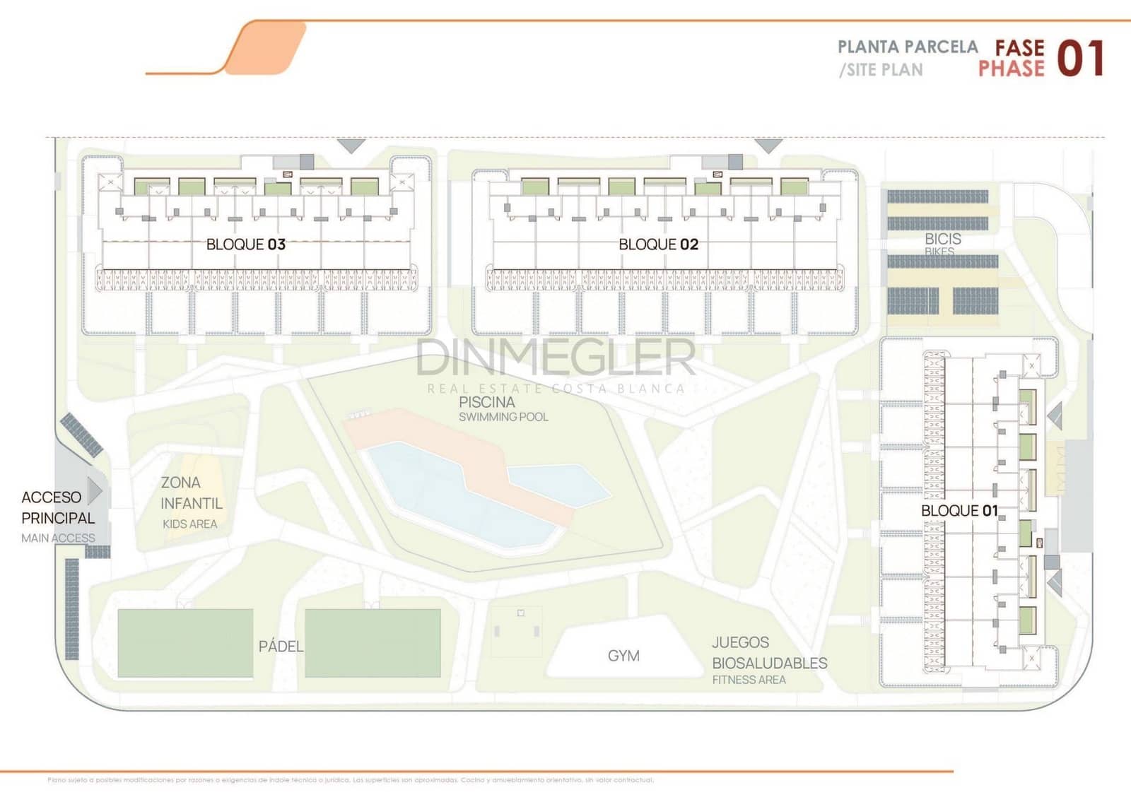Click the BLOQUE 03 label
point(245,244)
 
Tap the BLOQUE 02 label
point(658,244)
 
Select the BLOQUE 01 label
point(959,510)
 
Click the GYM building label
point(623,656)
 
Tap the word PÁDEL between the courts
point(281,647)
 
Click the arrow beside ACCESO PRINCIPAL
point(95,490)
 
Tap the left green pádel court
point(185,643)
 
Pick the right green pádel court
point(373,643)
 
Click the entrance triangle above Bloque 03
point(351,146)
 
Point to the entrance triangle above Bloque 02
point(768,146)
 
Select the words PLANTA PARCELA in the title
point(908,47)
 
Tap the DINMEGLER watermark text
point(556,358)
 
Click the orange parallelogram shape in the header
point(265,47)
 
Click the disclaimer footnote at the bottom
point(351,780)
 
